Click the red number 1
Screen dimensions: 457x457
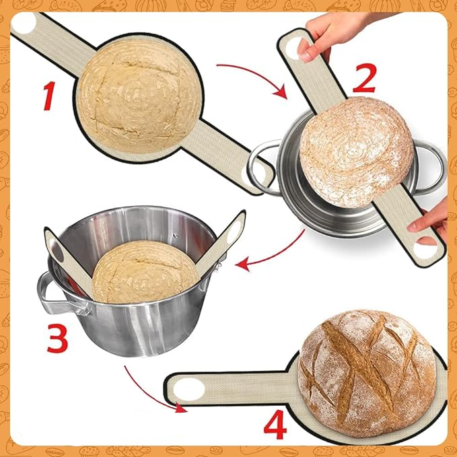(50, 96)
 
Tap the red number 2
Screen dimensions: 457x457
(365, 78)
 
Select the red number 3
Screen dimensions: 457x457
(57, 338)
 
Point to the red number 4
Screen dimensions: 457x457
(275, 424)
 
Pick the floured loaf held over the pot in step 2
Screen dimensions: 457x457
(356, 152)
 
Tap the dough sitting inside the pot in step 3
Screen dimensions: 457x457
(146, 272)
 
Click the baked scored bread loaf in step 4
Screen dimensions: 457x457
(367, 373)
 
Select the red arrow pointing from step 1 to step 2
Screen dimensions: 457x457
(256, 73)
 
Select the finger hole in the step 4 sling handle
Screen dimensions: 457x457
(189, 390)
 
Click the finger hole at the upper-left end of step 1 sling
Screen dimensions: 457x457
(24, 24)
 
